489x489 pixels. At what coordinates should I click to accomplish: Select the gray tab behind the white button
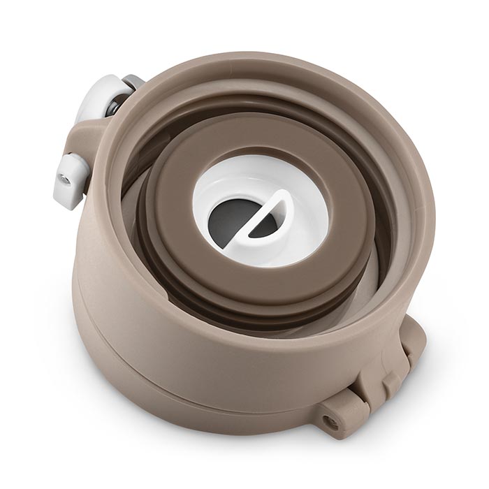133,82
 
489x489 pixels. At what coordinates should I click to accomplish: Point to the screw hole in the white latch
64,180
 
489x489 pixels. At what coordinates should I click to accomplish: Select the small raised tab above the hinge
412,328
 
